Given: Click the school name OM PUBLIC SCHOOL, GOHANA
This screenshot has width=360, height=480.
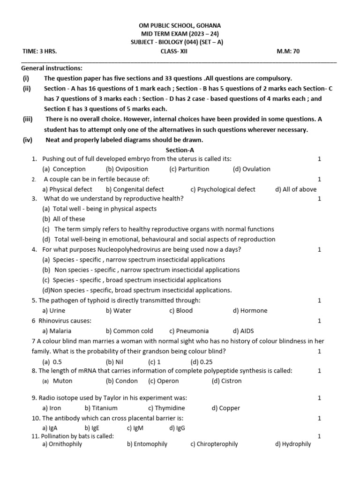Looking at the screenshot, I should [x=180, y=25].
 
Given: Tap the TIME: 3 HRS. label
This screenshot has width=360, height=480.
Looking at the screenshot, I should [x=39, y=51].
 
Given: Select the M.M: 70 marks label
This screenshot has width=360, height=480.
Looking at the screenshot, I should [x=288, y=51].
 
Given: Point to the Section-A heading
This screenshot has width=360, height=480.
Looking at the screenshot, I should [x=180, y=150].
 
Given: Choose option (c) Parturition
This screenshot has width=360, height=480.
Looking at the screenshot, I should [x=189, y=169].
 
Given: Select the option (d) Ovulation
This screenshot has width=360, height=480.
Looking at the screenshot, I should [x=251, y=169].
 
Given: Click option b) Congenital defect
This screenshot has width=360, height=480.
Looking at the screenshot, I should [x=135, y=189].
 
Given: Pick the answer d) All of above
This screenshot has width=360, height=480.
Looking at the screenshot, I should [x=296, y=189].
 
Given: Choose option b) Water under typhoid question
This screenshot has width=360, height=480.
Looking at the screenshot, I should [x=119, y=310].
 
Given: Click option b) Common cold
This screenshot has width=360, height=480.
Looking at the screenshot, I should [x=129, y=331].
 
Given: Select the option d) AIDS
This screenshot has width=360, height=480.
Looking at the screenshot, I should [x=243, y=331].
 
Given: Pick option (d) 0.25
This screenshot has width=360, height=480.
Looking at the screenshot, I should [x=202, y=361].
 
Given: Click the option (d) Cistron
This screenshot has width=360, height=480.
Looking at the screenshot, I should [x=226, y=381].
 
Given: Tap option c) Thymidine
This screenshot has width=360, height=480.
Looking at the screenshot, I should [x=166, y=408].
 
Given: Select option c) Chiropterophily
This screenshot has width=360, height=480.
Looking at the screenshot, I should [x=214, y=444].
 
